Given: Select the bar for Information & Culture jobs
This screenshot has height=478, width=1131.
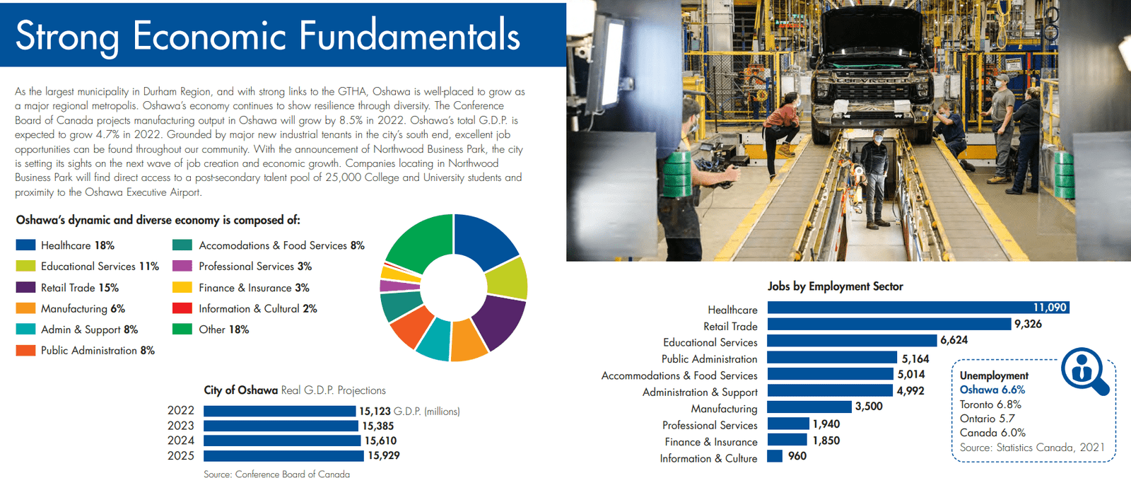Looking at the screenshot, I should pyautogui.click(x=775, y=456).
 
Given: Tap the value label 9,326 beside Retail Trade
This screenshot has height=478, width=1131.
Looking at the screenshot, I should pyautogui.click(x=1028, y=324).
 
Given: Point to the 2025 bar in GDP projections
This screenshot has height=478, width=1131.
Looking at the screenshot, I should pyautogui.click(x=283, y=456).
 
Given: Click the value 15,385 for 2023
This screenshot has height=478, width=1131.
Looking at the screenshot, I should pyautogui.click(x=378, y=426).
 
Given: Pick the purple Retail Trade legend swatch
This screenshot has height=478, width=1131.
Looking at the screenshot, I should pyautogui.click(x=25, y=288).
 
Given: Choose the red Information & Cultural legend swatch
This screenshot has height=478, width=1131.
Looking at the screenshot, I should pyautogui.click(x=182, y=308).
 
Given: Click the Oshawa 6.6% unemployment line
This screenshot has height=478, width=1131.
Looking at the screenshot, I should pyautogui.click(x=992, y=390).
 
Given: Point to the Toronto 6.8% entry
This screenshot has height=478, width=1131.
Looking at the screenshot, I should pyautogui.click(x=990, y=404).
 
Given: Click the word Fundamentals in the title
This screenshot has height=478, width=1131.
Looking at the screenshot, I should pyautogui.click(x=409, y=35).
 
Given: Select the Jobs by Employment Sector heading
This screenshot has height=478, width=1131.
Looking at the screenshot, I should pyautogui.click(x=835, y=286).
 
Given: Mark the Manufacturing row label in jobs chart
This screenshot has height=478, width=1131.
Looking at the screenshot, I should pyautogui.click(x=724, y=409).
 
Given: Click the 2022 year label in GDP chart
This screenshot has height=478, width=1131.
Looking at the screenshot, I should pyautogui.click(x=181, y=411).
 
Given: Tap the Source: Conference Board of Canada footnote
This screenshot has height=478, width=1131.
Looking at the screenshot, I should pyautogui.click(x=276, y=474).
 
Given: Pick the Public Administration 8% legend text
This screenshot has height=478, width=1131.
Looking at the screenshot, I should pyautogui.click(x=98, y=351).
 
